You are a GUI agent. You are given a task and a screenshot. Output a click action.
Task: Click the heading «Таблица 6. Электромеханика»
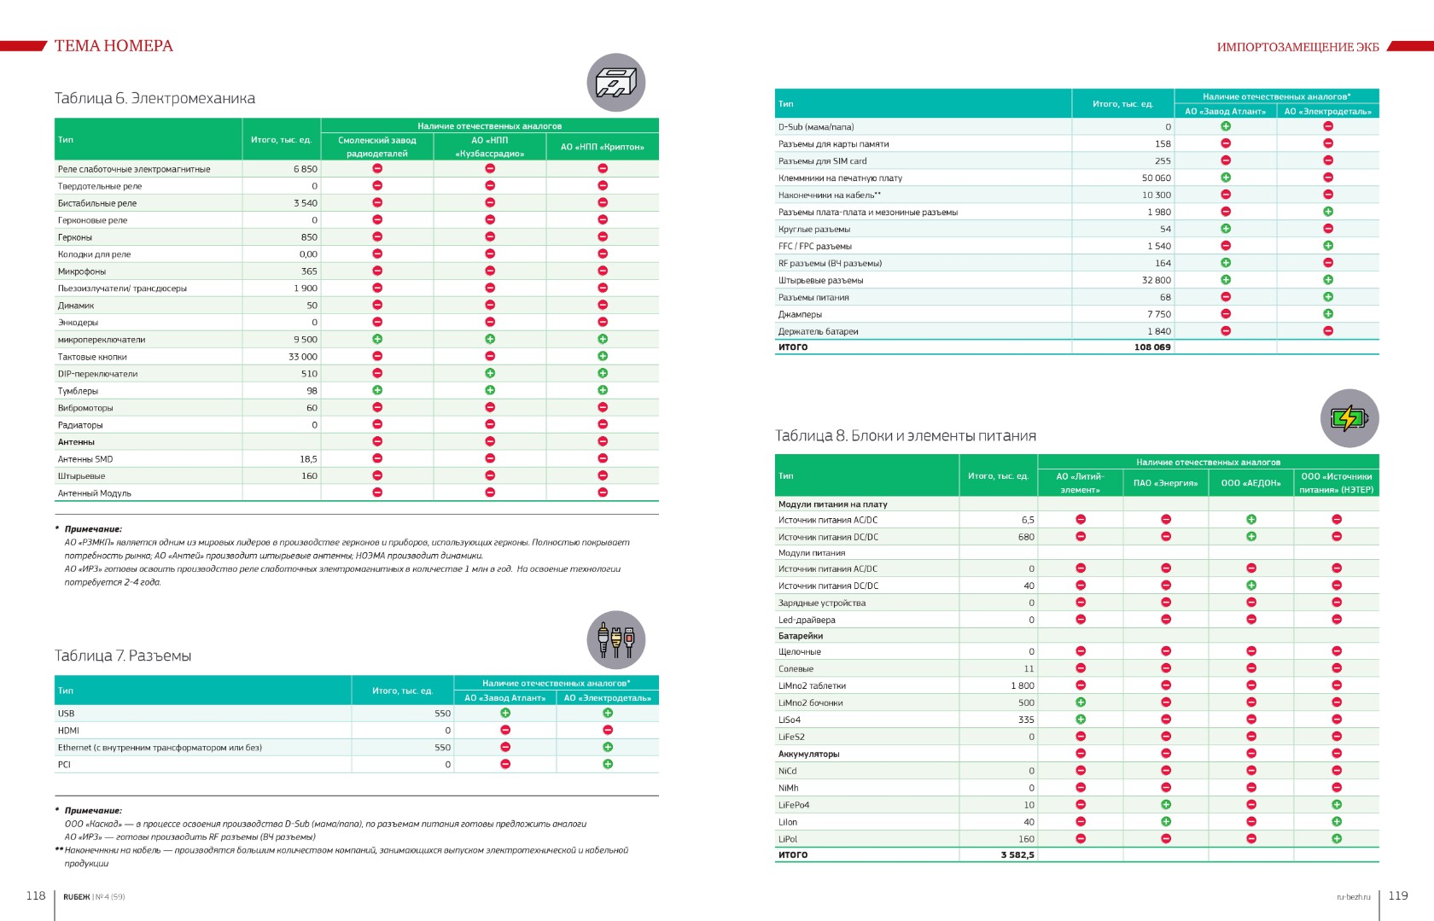coord(154,98)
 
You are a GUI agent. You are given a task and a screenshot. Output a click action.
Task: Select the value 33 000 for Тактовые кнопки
coord(302,357)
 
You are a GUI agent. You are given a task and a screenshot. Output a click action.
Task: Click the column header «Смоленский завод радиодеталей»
coord(377,147)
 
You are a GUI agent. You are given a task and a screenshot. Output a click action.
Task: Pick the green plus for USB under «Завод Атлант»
coord(505,713)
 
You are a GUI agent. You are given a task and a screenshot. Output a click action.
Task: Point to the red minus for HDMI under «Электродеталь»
coord(608,730)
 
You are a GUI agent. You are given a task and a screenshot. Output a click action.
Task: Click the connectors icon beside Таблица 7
coord(615,640)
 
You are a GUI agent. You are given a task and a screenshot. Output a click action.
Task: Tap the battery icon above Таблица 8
coord(1349,418)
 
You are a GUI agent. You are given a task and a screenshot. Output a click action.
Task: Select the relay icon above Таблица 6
coord(615,83)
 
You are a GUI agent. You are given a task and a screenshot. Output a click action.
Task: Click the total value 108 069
coord(1152,347)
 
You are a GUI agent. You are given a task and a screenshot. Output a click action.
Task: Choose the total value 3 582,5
coord(1017,854)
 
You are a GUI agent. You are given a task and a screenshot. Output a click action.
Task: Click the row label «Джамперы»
coord(800,314)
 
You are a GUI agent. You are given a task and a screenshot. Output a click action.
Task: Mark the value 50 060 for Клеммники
coord(1157,178)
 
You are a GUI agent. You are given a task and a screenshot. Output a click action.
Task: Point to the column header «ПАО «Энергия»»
coord(1165,483)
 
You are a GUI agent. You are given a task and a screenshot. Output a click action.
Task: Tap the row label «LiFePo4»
coord(794,805)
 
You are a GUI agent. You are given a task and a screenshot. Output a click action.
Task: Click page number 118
coord(36,895)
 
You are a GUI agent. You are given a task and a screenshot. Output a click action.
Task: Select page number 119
coord(1398,895)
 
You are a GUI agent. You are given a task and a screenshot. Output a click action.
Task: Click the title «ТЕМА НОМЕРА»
coord(114,46)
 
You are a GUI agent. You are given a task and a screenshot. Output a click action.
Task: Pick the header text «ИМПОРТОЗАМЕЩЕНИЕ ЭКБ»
coord(1297,47)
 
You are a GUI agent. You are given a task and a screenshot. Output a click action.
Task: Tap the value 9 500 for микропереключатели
coord(306,340)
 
